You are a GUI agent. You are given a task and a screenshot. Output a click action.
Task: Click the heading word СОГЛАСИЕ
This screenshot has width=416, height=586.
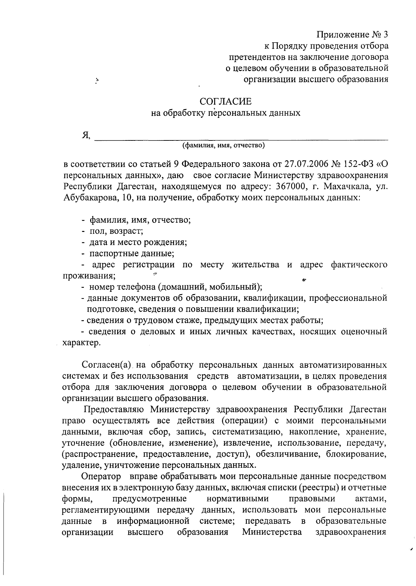pos(225,102)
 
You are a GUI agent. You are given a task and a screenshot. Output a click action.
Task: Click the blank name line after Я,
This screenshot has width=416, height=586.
pos(241,137)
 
